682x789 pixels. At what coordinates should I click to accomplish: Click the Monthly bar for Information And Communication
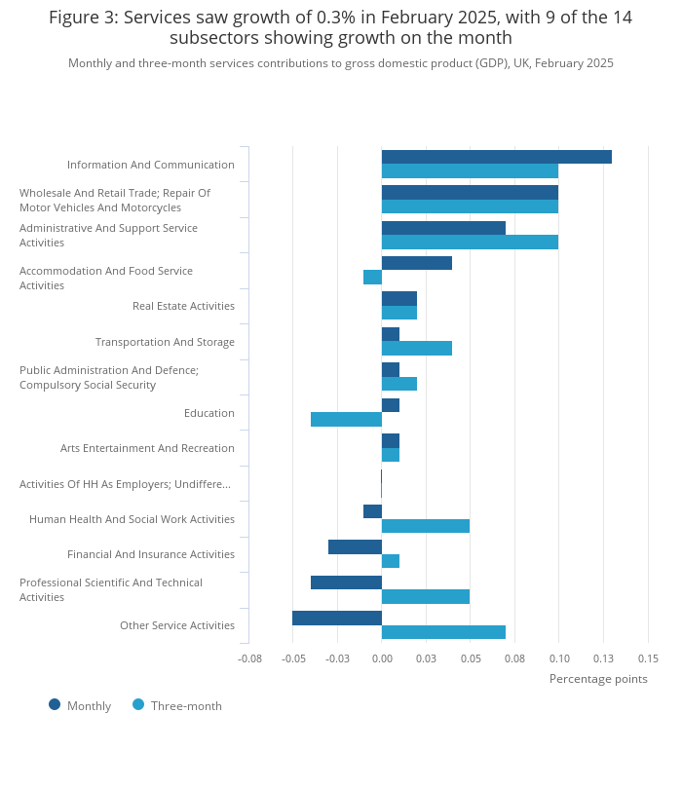tap(497, 157)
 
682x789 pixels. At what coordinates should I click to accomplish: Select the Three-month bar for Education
tap(346, 419)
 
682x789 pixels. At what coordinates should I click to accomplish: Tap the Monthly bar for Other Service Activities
tap(337, 618)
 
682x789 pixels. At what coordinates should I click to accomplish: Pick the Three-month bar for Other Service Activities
tap(443, 632)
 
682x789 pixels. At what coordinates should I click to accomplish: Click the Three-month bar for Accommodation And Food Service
tap(372, 278)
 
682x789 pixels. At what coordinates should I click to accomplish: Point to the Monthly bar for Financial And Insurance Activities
tap(356, 547)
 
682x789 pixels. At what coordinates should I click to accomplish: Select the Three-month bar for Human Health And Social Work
tap(426, 526)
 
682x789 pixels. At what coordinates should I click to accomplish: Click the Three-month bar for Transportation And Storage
tap(417, 348)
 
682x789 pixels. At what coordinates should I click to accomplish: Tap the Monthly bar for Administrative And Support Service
tap(443, 228)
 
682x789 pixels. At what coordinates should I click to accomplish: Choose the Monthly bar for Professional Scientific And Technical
tap(346, 582)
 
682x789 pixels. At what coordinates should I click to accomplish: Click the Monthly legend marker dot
tap(55, 704)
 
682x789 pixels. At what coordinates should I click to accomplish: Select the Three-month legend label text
tap(186, 706)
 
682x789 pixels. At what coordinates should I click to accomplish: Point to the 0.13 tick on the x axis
tap(603, 658)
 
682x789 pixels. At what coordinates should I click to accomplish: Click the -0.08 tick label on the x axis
tap(249, 658)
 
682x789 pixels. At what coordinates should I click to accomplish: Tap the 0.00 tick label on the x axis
tap(382, 658)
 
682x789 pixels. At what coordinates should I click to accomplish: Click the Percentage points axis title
tap(598, 679)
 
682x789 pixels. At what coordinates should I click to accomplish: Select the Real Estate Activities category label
tap(183, 306)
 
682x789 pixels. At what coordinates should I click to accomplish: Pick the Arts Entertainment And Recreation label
tap(147, 448)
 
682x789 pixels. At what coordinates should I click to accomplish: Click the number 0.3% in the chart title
tap(336, 18)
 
